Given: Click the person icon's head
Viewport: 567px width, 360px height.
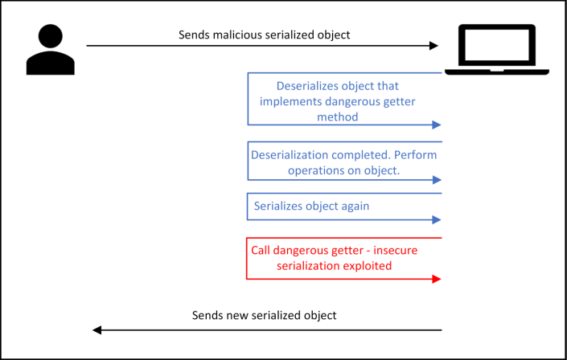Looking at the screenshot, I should (x=51, y=37).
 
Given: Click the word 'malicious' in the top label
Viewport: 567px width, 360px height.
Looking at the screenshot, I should (x=240, y=35).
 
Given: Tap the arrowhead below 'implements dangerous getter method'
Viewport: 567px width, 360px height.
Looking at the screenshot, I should (x=437, y=125).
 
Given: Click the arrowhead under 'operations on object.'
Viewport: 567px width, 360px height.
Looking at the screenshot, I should (x=437, y=180).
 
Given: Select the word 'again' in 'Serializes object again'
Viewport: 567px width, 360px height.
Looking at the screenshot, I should (x=354, y=206).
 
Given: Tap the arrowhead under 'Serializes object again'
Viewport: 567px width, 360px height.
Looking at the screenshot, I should (x=437, y=219).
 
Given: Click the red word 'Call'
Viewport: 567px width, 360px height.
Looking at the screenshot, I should (x=262, y=250).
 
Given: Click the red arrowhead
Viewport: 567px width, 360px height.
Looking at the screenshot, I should (x=437, y=279).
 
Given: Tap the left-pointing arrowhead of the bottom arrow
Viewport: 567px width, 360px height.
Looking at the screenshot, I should (x=97, y=329).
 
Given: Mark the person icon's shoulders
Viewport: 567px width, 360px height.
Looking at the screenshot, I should (x=51, y=63).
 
